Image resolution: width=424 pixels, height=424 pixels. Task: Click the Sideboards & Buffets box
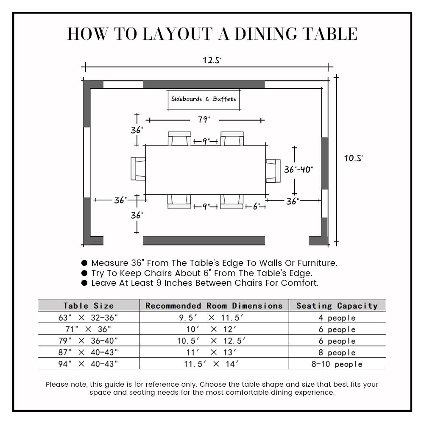click(x=204, y=99)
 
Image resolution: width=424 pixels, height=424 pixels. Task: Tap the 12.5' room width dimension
click(x=212, y=60)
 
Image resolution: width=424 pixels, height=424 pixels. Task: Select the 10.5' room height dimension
click(x=353, y=158)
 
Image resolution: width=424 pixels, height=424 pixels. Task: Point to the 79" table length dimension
click(x=204, y=120)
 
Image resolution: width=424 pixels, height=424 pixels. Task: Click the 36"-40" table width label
click(x=298, y=170)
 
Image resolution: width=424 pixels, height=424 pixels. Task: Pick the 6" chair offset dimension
click(x=257, y=206)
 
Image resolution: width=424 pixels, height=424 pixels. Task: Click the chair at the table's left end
click(x=138, y=168)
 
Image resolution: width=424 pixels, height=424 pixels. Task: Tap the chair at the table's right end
click(x=273, y=170)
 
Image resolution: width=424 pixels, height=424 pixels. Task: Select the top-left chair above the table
click(x=179, y=139)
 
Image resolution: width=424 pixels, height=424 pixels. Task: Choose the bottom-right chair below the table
click(x=232, y=201)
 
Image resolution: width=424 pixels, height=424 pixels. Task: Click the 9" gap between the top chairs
click(x=206, y=141)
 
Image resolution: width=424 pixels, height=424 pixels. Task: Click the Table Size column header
click(x=89, y=305)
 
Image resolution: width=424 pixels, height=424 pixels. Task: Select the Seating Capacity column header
click(x=337, y=305)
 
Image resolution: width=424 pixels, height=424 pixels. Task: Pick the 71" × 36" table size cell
click(x=89, y=329)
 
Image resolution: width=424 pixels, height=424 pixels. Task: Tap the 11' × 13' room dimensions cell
click(x=214, y=352)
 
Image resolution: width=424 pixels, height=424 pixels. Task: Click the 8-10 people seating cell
click(x=337, y=364)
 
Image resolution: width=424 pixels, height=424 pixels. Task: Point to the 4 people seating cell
click(x=337, y=318)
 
